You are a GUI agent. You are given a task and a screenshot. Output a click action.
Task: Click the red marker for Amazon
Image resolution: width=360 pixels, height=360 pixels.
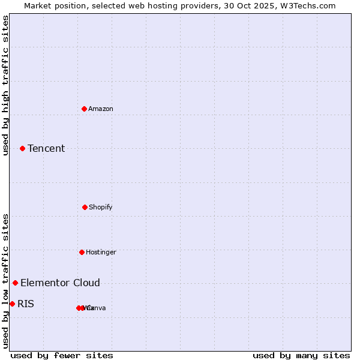coord(85,109)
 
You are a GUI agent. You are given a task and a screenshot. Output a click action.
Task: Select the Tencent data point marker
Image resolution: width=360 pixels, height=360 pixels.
coord(22,148)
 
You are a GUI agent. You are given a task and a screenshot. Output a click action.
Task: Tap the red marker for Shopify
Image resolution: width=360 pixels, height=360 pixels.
coord(85,207)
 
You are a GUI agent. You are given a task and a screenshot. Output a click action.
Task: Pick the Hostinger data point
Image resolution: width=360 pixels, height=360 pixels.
coord(82,252)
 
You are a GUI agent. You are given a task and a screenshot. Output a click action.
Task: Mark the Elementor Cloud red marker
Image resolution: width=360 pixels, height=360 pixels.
coord(15,283)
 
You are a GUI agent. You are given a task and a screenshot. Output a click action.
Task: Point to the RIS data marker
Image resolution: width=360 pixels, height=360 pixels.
coord(12,304)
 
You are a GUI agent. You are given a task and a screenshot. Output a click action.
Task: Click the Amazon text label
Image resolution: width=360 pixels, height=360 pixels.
coord(101,109)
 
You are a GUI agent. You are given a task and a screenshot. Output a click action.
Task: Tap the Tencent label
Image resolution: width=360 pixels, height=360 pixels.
coord(46,148)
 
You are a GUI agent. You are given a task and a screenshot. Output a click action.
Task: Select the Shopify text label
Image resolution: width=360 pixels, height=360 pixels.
coord(101,207)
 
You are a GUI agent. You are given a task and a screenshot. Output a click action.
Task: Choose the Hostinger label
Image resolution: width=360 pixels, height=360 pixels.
coord(101,252)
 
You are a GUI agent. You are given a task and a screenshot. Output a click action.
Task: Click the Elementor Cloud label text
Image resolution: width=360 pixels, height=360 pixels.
coord(60,283)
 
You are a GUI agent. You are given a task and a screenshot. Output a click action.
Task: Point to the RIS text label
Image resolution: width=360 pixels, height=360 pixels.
coord(26,304)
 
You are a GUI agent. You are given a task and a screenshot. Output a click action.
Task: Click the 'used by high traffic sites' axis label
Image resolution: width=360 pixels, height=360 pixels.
coord(5,85)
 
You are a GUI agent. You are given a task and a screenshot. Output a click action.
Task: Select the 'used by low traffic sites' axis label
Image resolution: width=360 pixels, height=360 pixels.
coord(5,281)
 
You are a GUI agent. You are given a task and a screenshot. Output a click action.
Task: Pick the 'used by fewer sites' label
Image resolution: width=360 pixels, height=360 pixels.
coord(62,355)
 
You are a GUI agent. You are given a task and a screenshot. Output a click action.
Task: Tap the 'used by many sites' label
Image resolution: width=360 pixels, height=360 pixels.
coord(301,355)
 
